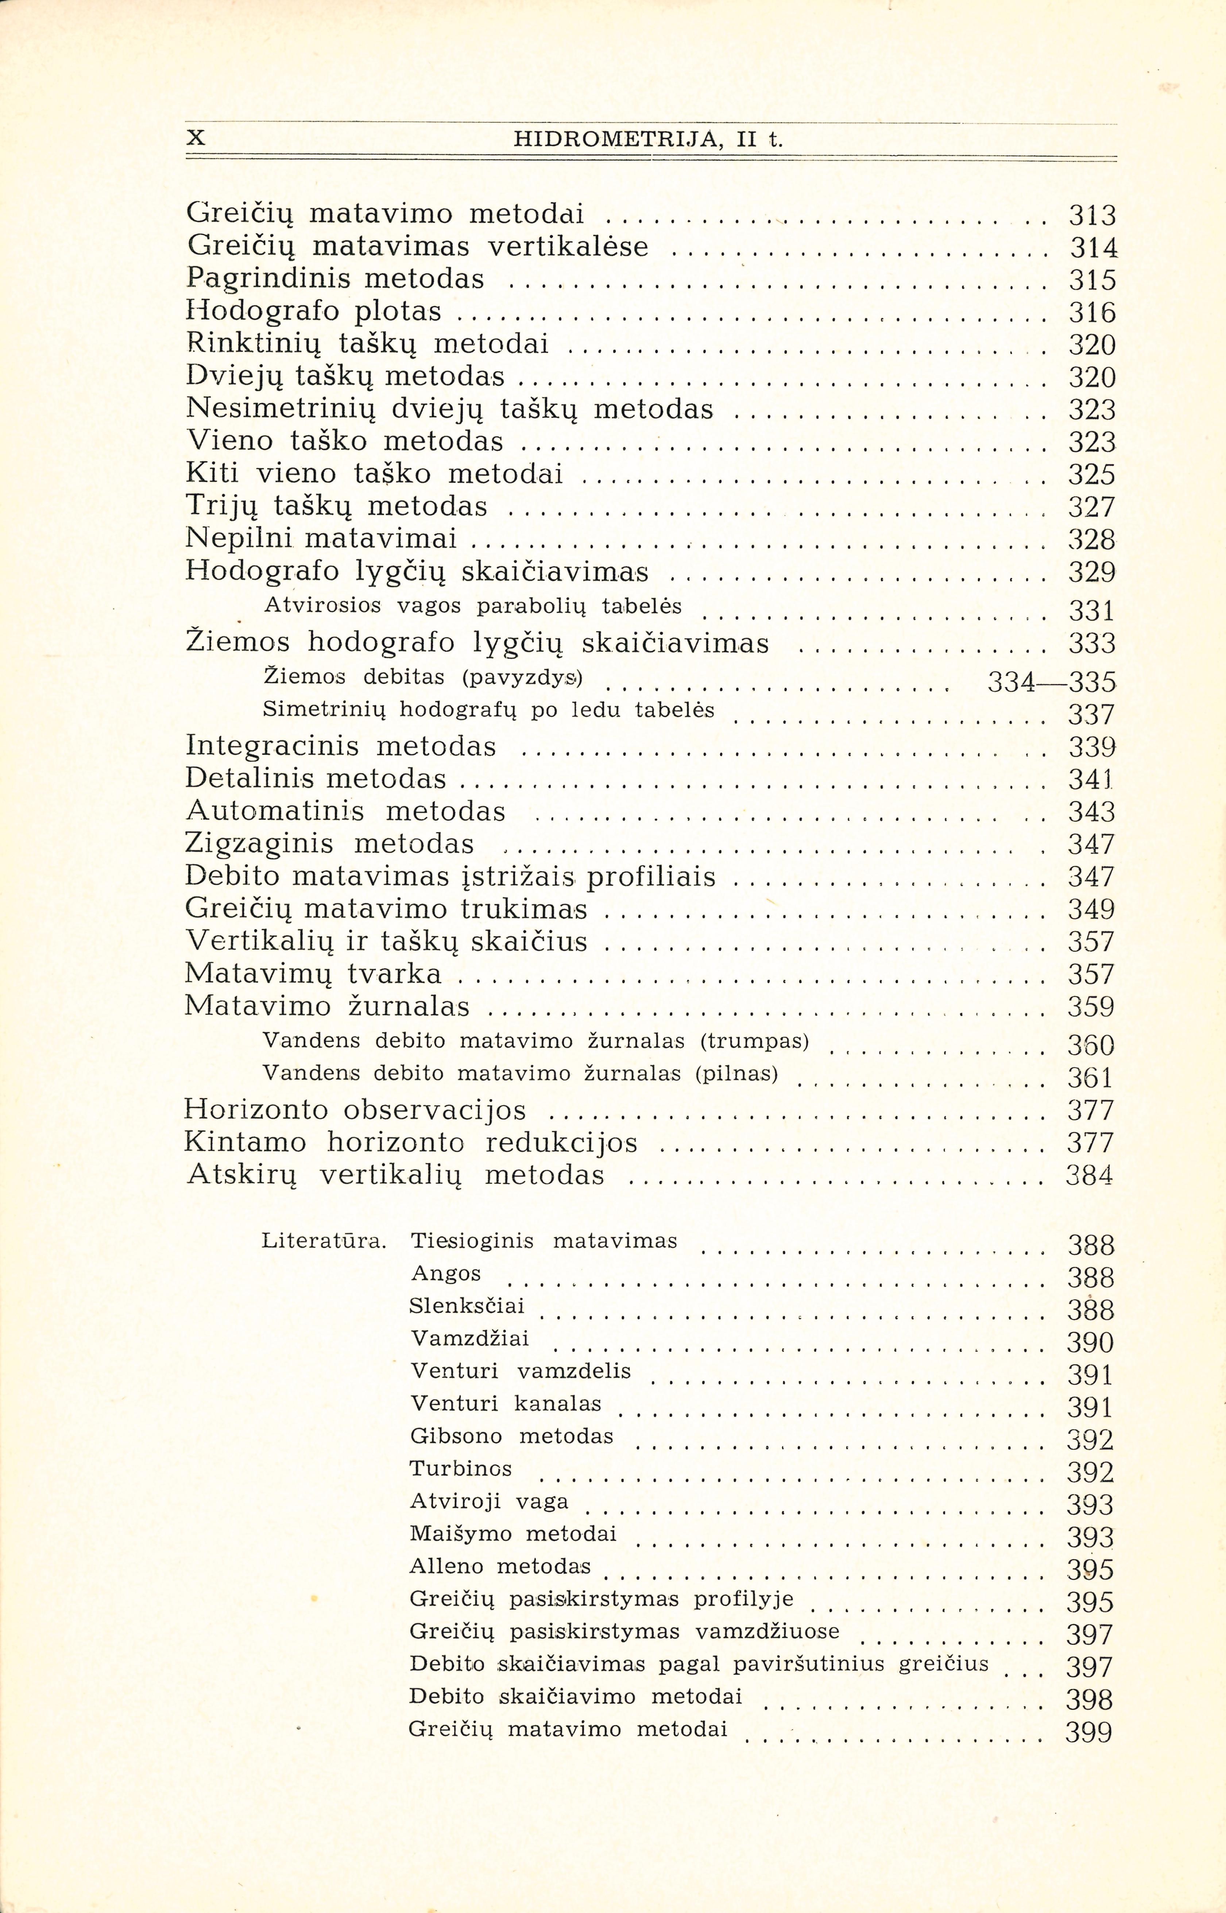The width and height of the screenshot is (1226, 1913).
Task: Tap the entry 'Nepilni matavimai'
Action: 322,539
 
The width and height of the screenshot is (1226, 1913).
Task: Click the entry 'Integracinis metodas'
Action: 341,746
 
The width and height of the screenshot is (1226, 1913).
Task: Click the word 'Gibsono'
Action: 456,1436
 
